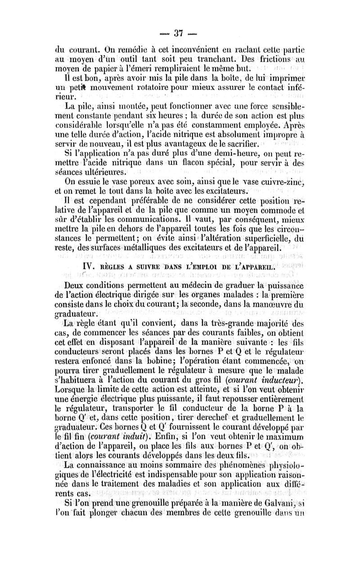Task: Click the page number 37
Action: pos(179,33)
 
